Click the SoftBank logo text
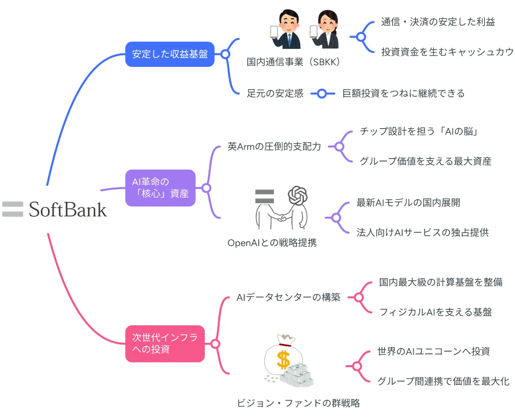click(x=68, y=210)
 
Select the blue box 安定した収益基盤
click(x=170, y=54)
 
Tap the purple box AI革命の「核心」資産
click(x=160, y=188)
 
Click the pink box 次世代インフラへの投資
click(x=165, y=343)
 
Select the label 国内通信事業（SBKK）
click(x=294, y=62)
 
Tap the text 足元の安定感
click(x=275, y=93)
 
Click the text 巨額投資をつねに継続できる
click(x=403, y=93)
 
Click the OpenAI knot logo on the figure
click(x=298, y=196)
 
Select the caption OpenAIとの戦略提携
click(x=272, y=243)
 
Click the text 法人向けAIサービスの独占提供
click(x=422, y=232)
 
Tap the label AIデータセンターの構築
click(x=288, y=297)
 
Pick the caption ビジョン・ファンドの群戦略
click(x=298, y=403)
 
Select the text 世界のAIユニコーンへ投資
click(x=433, y=351)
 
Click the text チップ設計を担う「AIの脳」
click(x=419, y=132)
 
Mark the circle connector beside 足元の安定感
click(x=321, y=93)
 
